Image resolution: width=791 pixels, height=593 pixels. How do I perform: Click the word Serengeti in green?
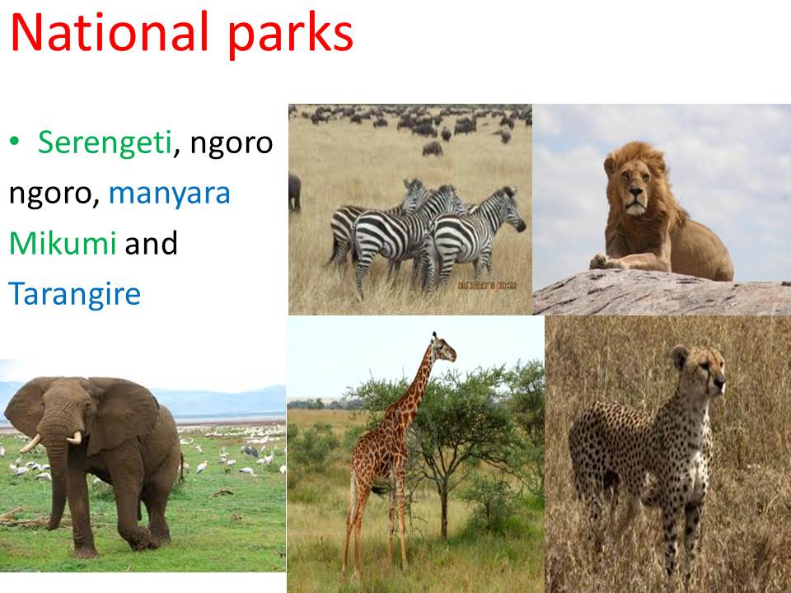point(105,143)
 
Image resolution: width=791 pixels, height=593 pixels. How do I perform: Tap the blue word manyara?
point(170,194)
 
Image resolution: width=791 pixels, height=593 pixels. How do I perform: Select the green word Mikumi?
point(63,243)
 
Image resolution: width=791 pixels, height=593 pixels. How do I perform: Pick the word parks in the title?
point(290,35)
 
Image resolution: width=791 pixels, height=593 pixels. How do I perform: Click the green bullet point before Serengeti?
point(14,142)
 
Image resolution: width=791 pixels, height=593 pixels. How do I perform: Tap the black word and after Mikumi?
point(151,243)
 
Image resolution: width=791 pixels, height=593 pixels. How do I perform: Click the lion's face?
point(635,187)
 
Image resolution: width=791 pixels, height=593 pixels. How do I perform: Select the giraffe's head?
point(443,347)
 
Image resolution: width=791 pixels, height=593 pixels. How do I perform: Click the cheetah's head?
point(701,371)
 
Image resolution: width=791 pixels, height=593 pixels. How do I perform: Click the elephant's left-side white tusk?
point(30,444)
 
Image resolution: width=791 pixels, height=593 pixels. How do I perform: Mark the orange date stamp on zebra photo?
point(487,286)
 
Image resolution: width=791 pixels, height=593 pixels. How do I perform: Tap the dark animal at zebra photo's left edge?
point(295,192)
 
